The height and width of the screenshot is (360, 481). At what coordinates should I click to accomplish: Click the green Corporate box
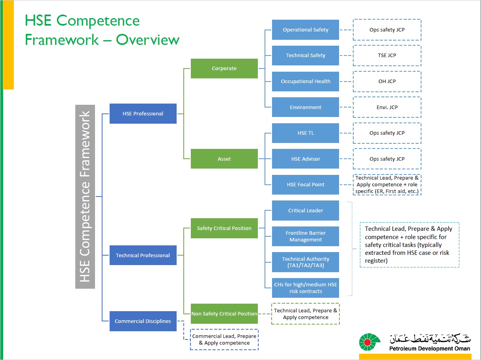point(224,69)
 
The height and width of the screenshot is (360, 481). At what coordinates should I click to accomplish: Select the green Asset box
point(224,159)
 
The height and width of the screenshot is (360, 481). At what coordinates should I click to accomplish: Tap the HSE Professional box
point(143,113)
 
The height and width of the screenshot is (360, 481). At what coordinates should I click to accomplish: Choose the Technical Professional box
point(143,255)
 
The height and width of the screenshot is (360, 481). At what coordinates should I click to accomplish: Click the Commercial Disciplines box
point(143,321)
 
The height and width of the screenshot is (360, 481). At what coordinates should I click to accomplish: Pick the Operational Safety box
point(305,30)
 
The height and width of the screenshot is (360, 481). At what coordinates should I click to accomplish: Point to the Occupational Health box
point(305,82)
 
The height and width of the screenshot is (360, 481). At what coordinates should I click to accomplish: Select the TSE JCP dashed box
point(387,56)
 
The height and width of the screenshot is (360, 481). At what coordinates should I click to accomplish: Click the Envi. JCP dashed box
point(387,107)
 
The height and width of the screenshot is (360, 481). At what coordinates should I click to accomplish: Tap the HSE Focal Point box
point(305,184)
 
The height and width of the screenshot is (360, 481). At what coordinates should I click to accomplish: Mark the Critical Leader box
point(305,210)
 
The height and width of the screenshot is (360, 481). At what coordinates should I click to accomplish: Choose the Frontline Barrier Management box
point(305,236)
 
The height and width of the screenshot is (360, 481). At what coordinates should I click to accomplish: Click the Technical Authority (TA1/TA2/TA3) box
point(305,262)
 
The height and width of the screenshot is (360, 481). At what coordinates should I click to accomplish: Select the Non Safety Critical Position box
point(224,314)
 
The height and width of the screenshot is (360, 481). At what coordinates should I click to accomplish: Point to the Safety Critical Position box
point(224,228)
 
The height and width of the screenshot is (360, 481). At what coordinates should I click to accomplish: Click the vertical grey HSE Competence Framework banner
point(85,197)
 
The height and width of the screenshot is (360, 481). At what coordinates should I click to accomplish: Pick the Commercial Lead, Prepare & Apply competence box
point(224,340)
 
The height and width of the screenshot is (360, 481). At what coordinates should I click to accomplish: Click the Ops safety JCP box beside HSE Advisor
point(387,159)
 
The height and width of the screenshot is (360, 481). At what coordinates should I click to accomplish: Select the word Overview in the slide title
point(147,40)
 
